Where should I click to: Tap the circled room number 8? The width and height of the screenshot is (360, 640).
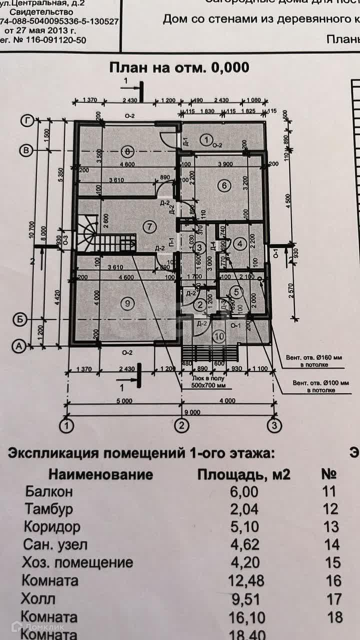click(x=128, y=150)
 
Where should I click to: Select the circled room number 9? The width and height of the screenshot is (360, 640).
click(x=128, y=302)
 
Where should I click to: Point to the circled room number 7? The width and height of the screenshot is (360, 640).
click(x=149, y=226)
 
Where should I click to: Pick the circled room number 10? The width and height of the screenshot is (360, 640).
click(x=219, y=336)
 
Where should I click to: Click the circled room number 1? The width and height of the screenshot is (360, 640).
click(x=204, y=138)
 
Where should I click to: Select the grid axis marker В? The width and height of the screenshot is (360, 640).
click(x=26, y=149)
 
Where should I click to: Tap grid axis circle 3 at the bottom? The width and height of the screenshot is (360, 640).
click(x=273, y=426)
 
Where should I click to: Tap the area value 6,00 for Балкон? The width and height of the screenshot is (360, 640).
click(x=244, y=491)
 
